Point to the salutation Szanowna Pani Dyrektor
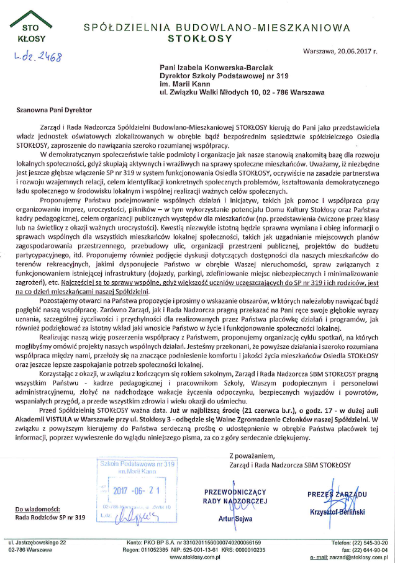tap(54, 109)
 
